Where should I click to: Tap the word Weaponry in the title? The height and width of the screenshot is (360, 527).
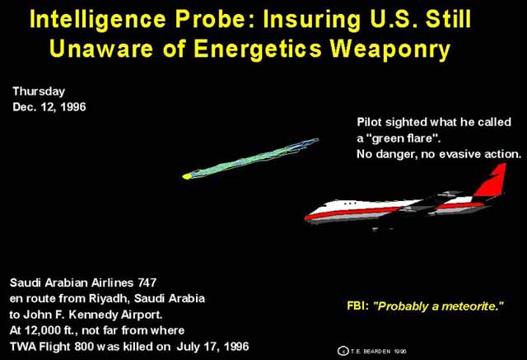(389, 49)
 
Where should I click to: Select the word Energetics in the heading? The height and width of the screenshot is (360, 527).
(258, 49)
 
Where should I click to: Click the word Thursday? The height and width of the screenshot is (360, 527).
(39, 91)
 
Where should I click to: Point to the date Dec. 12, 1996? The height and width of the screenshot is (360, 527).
(49, 107)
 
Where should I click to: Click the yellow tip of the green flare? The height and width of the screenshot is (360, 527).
(186, 176)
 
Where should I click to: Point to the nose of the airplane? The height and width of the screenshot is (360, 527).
(306, 217)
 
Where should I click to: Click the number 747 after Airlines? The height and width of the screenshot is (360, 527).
(147, 283)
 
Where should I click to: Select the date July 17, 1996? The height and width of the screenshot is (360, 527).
(212, 346)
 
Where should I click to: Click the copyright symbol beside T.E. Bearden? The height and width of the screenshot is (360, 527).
(343, 351)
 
